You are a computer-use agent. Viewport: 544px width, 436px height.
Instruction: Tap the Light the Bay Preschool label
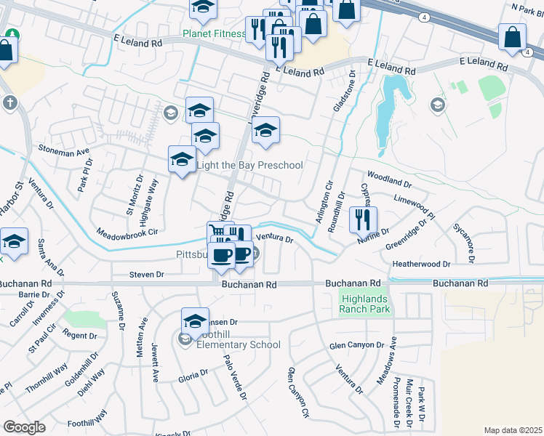(x=250, y=166)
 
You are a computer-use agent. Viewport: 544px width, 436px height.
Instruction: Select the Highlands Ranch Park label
(x=364, y=304)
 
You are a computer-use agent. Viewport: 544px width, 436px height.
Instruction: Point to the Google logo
(x=25, y=427)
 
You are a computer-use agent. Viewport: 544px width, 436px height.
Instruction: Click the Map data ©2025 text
(x=512, y=430)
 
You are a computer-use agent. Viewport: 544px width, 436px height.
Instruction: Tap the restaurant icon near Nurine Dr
(x=363, y=219)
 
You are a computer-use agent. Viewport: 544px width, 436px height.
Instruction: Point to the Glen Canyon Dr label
(x=356, y=345)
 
